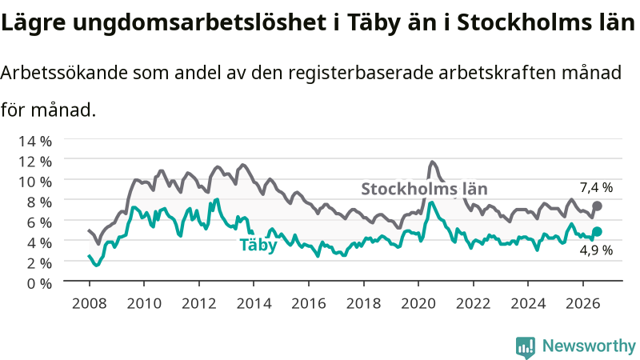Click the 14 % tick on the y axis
click(35, 142)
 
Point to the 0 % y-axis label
click(39, 284)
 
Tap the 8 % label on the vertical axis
click(39, 202)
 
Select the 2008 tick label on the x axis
click(89, 303)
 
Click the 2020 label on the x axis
click(418, 303)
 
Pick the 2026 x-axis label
click(583, 303)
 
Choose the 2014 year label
click(254, 303)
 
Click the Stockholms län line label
click(425, 189)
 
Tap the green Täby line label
click(258, 245)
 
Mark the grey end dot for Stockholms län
click(597, 206)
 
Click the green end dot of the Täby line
click(597, 231)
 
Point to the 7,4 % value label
click(596, 187)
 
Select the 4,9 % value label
click(596, 250)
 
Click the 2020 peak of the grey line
click(432, 162)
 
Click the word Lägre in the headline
click(33, 23)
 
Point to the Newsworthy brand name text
click(589, 346)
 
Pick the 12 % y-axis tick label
click(35, 162)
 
